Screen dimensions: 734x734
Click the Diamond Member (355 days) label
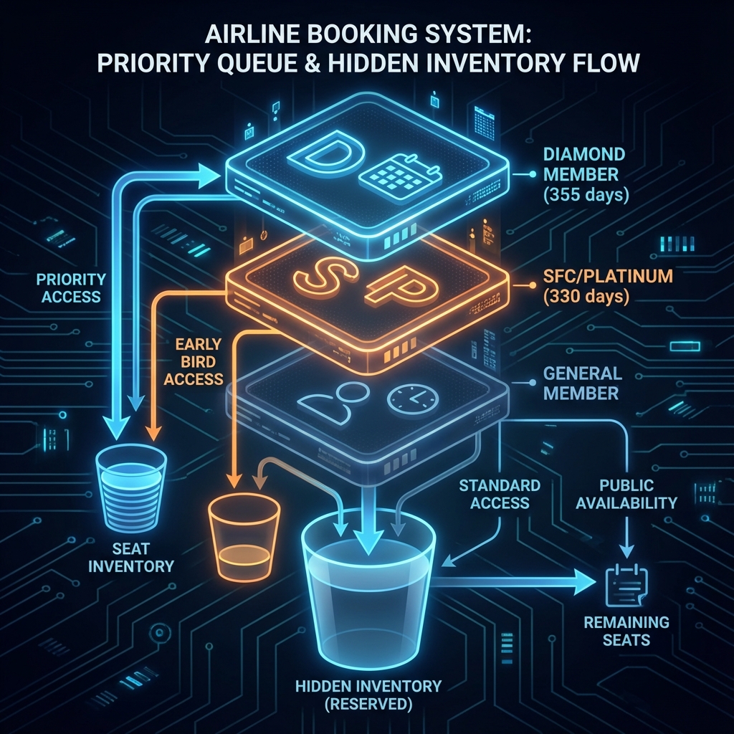pos(583,174)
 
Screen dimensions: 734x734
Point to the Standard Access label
pos(500,494)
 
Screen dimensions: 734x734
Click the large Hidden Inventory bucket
pos(367,588)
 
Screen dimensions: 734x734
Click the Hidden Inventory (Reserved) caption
pos(368,695)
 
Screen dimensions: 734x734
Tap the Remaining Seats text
pos(626,630)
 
